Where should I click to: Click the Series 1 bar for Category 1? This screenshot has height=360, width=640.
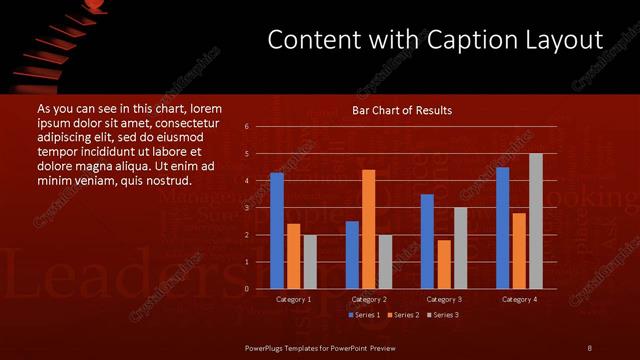277,231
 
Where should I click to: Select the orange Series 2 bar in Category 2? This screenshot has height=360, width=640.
368,229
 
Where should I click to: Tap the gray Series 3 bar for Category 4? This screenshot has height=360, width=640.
535,221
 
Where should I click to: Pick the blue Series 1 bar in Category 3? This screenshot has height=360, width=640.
427,241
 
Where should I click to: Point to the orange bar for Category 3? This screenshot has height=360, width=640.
443,264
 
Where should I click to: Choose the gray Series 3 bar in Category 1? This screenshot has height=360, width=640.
310,261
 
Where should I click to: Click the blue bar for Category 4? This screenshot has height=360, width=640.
502,228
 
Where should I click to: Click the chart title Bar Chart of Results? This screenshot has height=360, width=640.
402,110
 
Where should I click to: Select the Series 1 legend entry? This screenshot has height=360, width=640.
363,315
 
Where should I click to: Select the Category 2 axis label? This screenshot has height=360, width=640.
368,299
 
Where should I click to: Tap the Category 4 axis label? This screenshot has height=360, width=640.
518,299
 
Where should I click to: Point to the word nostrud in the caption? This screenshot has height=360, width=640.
168,181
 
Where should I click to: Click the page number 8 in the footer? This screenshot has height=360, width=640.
589,347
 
